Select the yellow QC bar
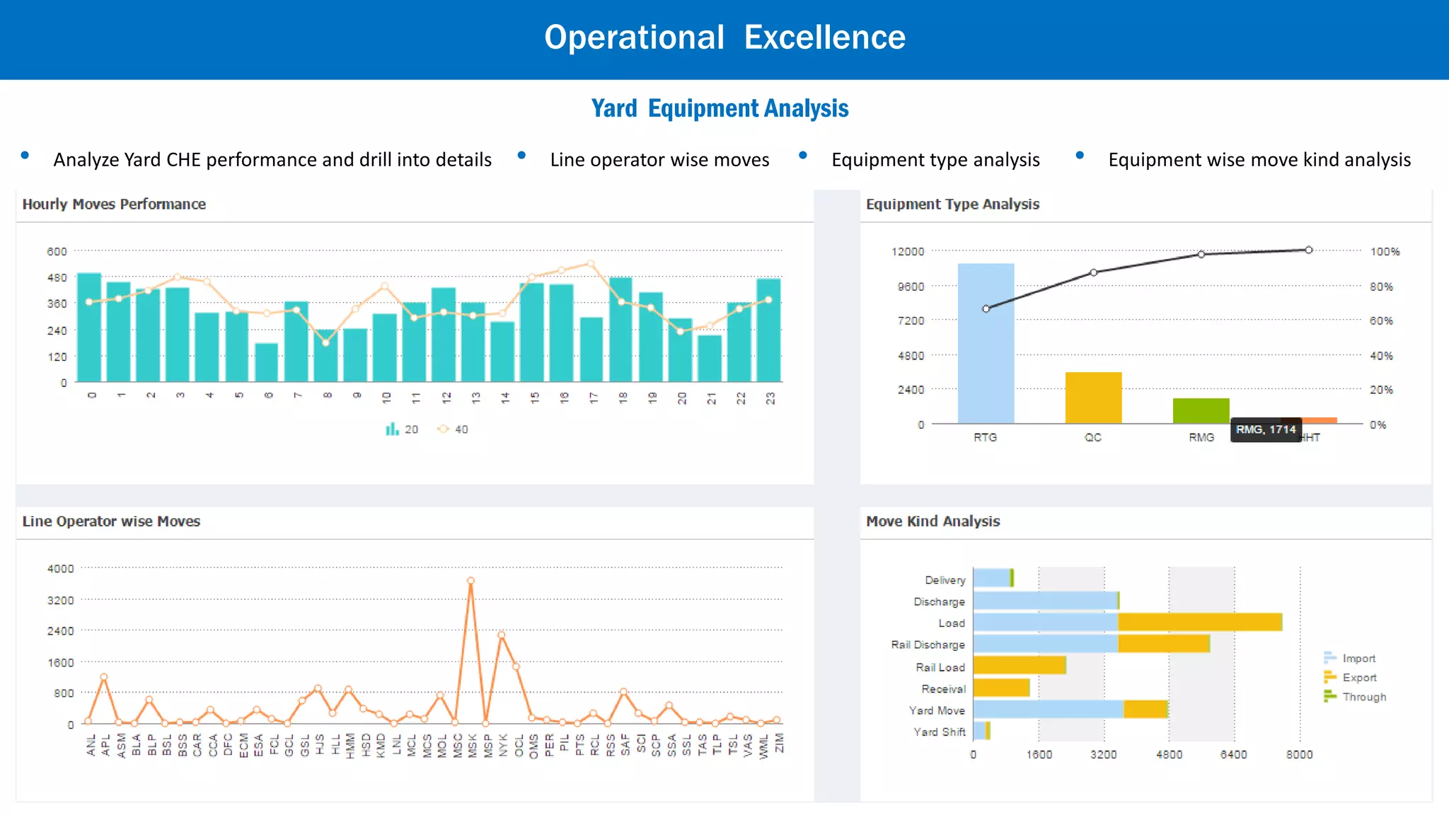point(1093,398)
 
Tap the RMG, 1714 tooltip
point(1266,429)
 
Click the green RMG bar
point(1201,411)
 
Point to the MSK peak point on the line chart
point(471,581)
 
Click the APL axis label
point(105,745)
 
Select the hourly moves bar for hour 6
point(267,362)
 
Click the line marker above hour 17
point(591,264)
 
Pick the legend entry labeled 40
point(453,429)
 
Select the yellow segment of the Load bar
point(1200,623)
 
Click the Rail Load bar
point(1020,666)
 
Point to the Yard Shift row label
point(939,732)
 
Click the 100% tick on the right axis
point(1385,252)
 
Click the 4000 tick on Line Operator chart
point(60,569)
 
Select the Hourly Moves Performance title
point(114,204)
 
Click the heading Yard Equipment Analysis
point(720,108)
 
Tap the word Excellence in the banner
point(824,37)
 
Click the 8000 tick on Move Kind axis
point(1299,755)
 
